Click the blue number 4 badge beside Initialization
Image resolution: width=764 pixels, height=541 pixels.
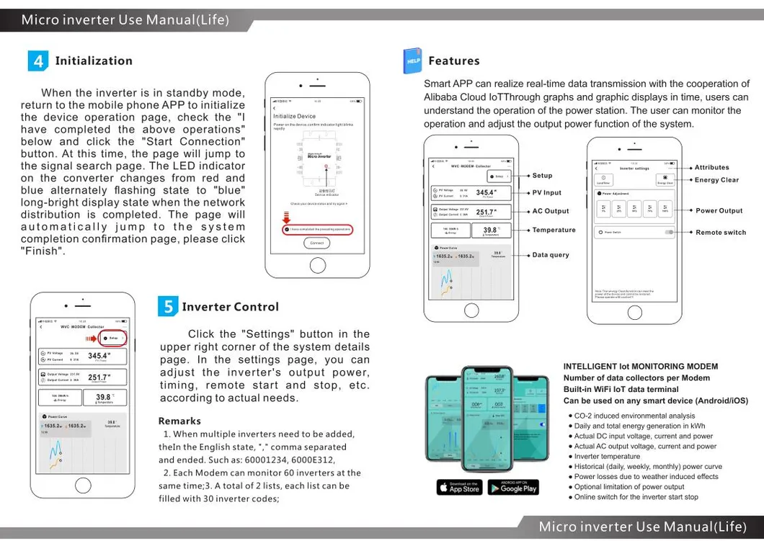coord(38,61)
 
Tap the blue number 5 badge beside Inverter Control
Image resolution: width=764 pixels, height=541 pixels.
coord(167,307)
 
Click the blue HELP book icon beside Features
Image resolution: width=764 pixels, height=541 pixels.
coord(412,61)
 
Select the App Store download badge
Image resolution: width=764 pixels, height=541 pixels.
coord(458,488)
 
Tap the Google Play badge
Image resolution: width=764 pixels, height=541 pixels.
coord(513,488)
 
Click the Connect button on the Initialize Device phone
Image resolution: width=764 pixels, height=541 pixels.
coord(317,243)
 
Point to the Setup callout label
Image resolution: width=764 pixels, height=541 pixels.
coord(542,175)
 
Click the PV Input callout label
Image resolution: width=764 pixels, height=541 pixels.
coord(547,192)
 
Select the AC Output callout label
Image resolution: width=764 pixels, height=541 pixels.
coord(551,211)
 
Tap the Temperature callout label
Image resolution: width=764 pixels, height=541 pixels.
coord(554,230)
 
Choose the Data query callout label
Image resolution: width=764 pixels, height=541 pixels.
coord(551,255)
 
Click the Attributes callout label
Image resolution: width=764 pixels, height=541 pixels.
coord(711,167)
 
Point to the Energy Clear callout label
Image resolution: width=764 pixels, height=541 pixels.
coord(716,180)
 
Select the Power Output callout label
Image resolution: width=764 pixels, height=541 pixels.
coord(719,211)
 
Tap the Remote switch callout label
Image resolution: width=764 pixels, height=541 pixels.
coord(721,233)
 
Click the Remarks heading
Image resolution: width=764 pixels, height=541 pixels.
coord(179,421)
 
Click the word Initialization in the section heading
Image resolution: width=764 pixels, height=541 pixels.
coord(94,61)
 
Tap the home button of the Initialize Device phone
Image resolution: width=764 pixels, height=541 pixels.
coord(318,265)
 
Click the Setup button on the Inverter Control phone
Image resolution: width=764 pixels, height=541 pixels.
coord(113,337)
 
